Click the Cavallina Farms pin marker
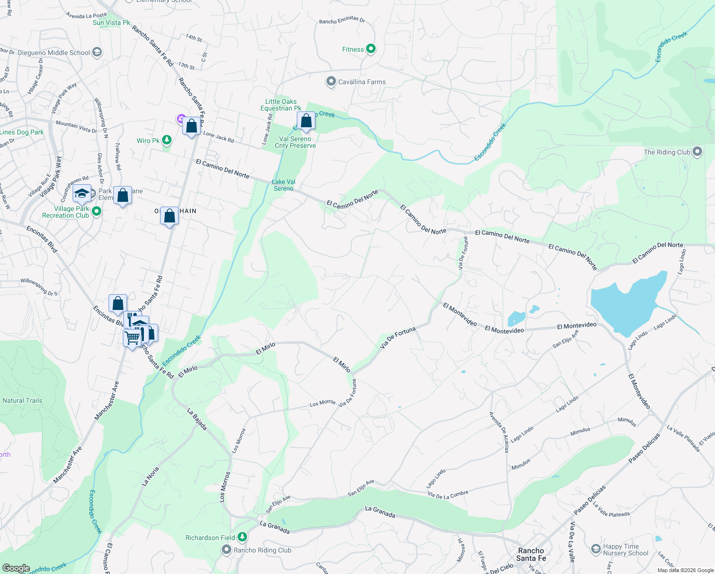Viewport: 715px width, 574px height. [x=331, y=82]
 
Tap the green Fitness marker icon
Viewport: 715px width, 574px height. [x=371, y=49]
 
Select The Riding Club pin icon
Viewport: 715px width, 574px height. [x=697, y=152]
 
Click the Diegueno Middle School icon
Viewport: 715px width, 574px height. [x=97, y=53]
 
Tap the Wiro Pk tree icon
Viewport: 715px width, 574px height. [x=166, y=140]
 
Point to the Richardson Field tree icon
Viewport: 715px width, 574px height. [x=242, y=538]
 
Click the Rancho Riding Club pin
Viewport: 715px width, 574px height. [x=227, y=550]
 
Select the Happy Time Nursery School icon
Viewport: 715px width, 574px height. [x=596, y=549]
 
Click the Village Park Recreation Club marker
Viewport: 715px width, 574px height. [x=97, y=211]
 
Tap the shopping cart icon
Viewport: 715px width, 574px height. [x=132, y=338]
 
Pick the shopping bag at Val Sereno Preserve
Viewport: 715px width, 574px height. [x=306, y=121]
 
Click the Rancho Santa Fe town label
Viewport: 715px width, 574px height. [x=531, y=554]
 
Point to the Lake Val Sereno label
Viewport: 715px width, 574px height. [x=284, y=185]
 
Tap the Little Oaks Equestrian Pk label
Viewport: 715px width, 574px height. [x=281, y=105]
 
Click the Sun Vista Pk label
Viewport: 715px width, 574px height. [x=111, y=22]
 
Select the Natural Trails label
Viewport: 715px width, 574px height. [x=22, y=400]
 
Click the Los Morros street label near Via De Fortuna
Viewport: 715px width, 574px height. [x=323, y=403]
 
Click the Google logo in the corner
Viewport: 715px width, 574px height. [x=16, y=568]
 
